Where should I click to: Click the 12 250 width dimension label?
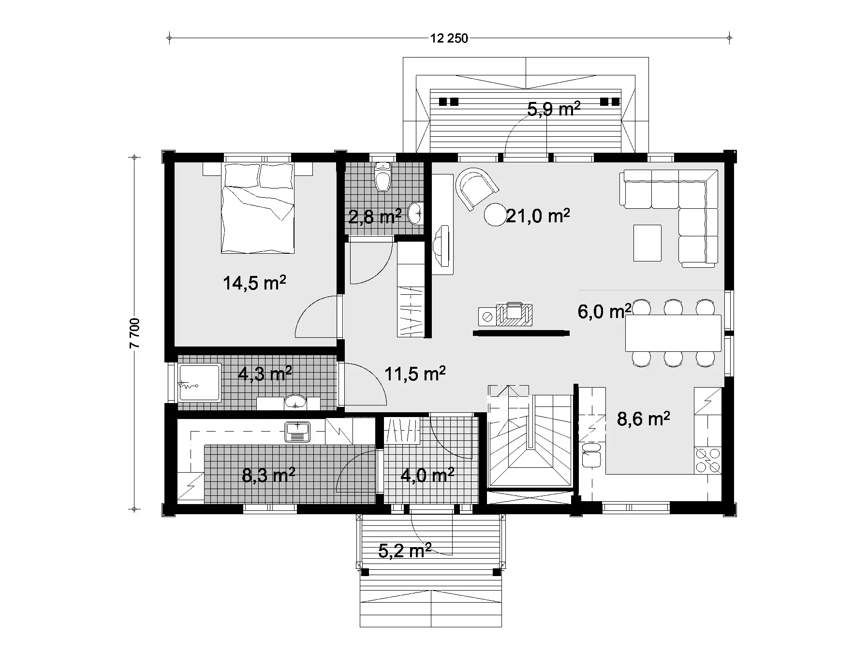(x=449, y=38)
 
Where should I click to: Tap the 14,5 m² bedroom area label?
(x=254, y=283)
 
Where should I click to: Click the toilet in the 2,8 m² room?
(x=383, y=178)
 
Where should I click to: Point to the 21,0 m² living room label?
(x=537, y=216)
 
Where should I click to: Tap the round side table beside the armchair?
(x=495, y=215)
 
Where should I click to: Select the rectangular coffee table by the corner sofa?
(x=647, y=243)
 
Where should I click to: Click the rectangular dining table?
(x=673, y=333)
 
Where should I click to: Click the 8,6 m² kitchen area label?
(x=643, y=419)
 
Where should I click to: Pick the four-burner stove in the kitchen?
(x=707, y=461)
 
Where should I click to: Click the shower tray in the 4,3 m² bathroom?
(x=200, y=382)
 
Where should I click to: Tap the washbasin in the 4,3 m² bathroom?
(x=294, y=402)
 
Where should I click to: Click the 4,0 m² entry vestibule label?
(x=427, y=476)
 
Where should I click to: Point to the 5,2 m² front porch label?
(x=404, y=550)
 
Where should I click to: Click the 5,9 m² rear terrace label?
(x=553, y=109)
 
